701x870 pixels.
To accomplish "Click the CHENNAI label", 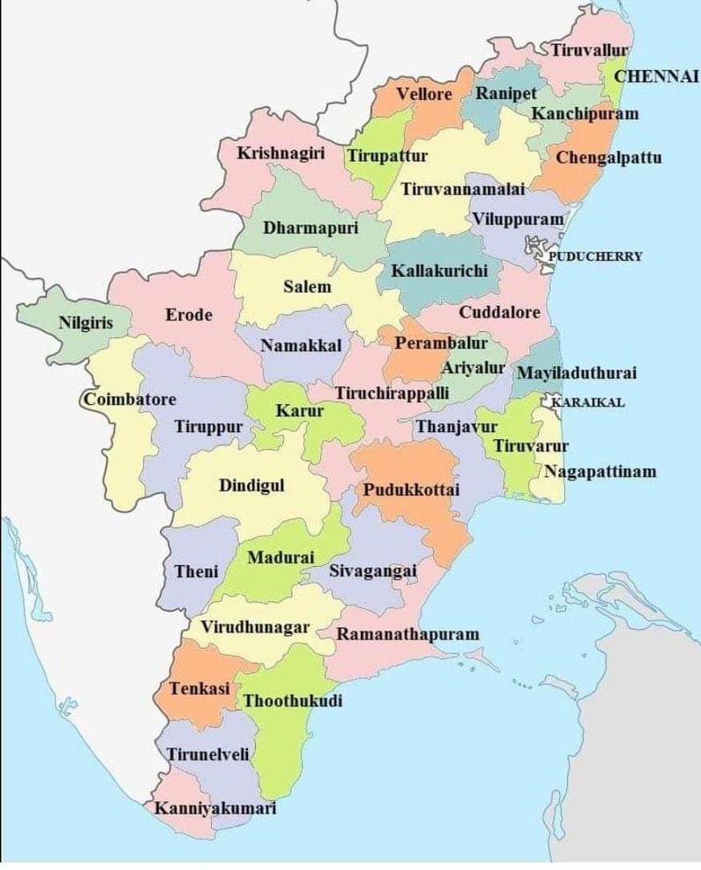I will click(x=655, y=76).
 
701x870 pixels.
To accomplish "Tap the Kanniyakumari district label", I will click(x=215, y=808).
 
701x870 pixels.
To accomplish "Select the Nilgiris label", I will click(x=85, y=322).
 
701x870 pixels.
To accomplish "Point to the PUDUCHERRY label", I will click(x=595, y=257).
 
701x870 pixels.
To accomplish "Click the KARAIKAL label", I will click(x=587, y=403).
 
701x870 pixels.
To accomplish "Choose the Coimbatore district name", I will click(x=130, y=400).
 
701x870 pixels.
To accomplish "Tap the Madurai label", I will click(x=280, y=557).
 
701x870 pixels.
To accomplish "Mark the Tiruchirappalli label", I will click(x=392, y=392).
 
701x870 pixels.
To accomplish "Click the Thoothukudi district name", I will click(x=293, y=701).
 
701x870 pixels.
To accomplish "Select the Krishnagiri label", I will click(x=281, y=153).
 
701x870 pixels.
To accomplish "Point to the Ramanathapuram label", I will click(x=408, y=633).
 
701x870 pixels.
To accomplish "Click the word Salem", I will click(x=307, y=286).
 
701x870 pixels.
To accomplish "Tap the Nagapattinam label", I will click(x=599, y=471).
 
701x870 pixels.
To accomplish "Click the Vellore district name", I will click(x=424, y=94).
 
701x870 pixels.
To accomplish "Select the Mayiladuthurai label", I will click(x=576, y=373).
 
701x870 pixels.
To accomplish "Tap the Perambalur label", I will click(x=435, y=343).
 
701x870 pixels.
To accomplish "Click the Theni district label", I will click(x=196, y=571).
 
